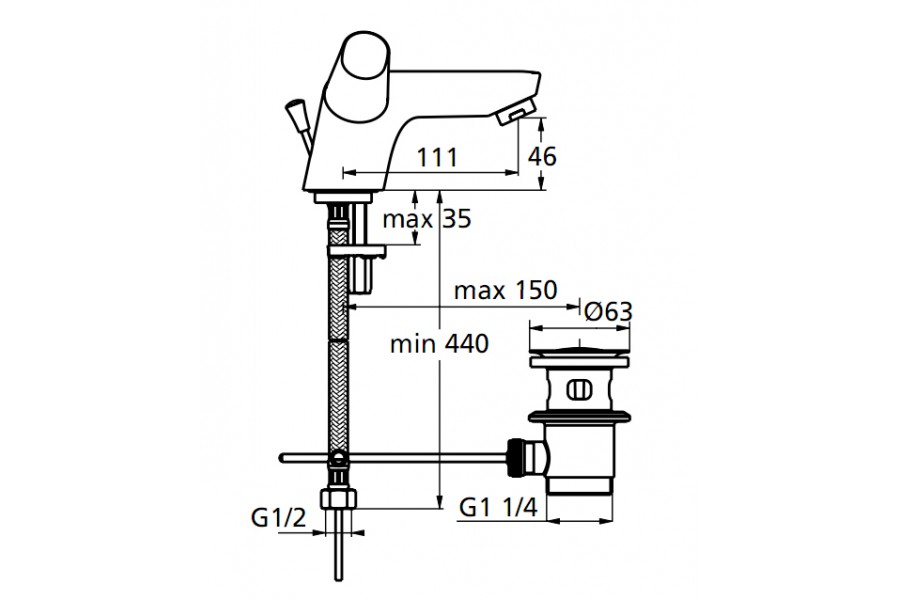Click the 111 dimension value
(x=437, y=157)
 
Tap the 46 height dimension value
(x=542, y=156)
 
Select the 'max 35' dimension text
(x=426, y=219)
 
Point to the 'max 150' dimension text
(x=505, y=290)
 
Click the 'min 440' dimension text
(x=439, y=344)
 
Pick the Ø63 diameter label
(x=608, y=312)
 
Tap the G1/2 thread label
(x=278, y=518)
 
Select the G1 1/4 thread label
(x=498, y=508)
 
